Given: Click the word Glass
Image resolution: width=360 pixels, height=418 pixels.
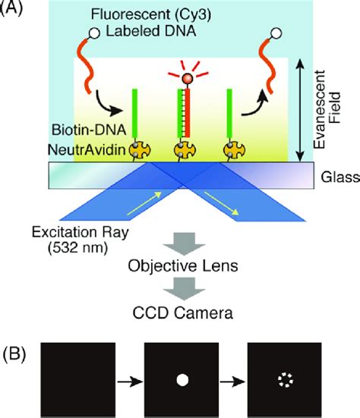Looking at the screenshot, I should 334,177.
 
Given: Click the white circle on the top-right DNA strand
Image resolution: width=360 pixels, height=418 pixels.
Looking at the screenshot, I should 276,33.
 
